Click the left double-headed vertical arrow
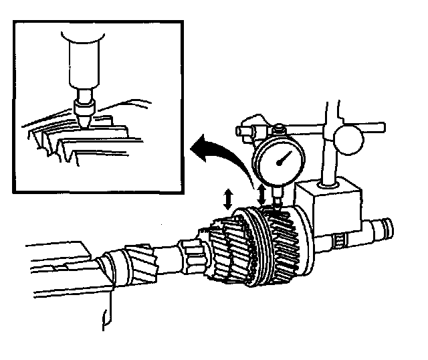click(x=229, y=199)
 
